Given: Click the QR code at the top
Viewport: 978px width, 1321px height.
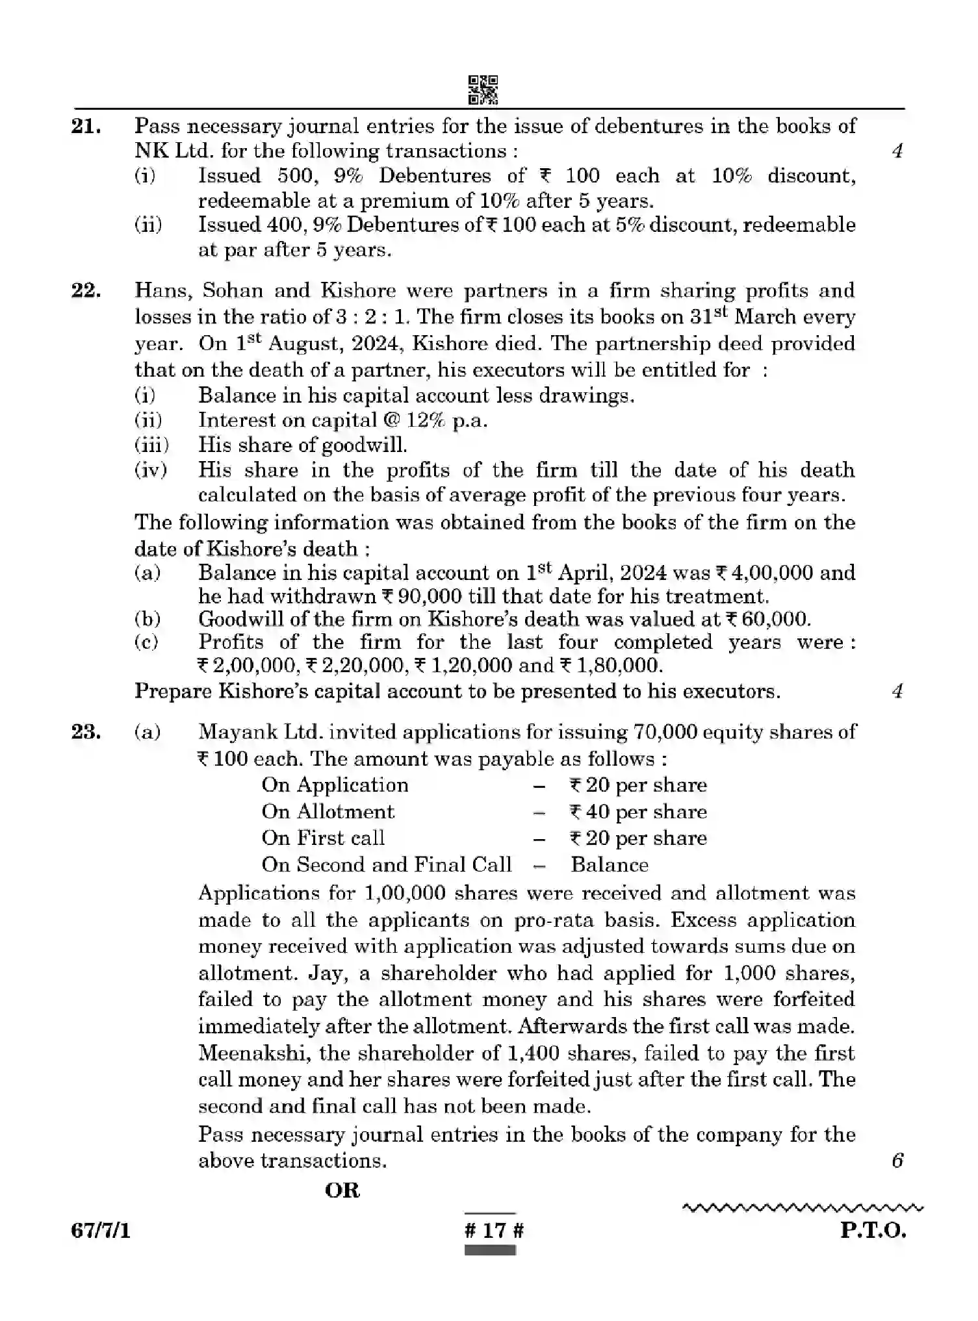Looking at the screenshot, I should [483, 90].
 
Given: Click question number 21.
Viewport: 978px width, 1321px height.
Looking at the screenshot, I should [86, 127].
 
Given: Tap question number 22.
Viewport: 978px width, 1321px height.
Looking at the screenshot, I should [86, 290].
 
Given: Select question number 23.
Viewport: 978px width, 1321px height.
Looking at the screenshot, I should [86, 732].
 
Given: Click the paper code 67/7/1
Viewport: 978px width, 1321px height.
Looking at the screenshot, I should [101, 1230].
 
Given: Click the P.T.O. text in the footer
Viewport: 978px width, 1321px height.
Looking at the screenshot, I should [872, 1230].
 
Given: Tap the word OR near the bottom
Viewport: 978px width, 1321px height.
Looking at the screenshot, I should [342, 1190].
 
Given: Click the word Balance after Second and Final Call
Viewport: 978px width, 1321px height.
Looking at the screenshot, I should [609, 865].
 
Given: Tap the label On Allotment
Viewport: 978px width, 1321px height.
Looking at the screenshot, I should [328, 812].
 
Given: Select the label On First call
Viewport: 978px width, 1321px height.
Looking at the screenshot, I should [323, 838].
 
